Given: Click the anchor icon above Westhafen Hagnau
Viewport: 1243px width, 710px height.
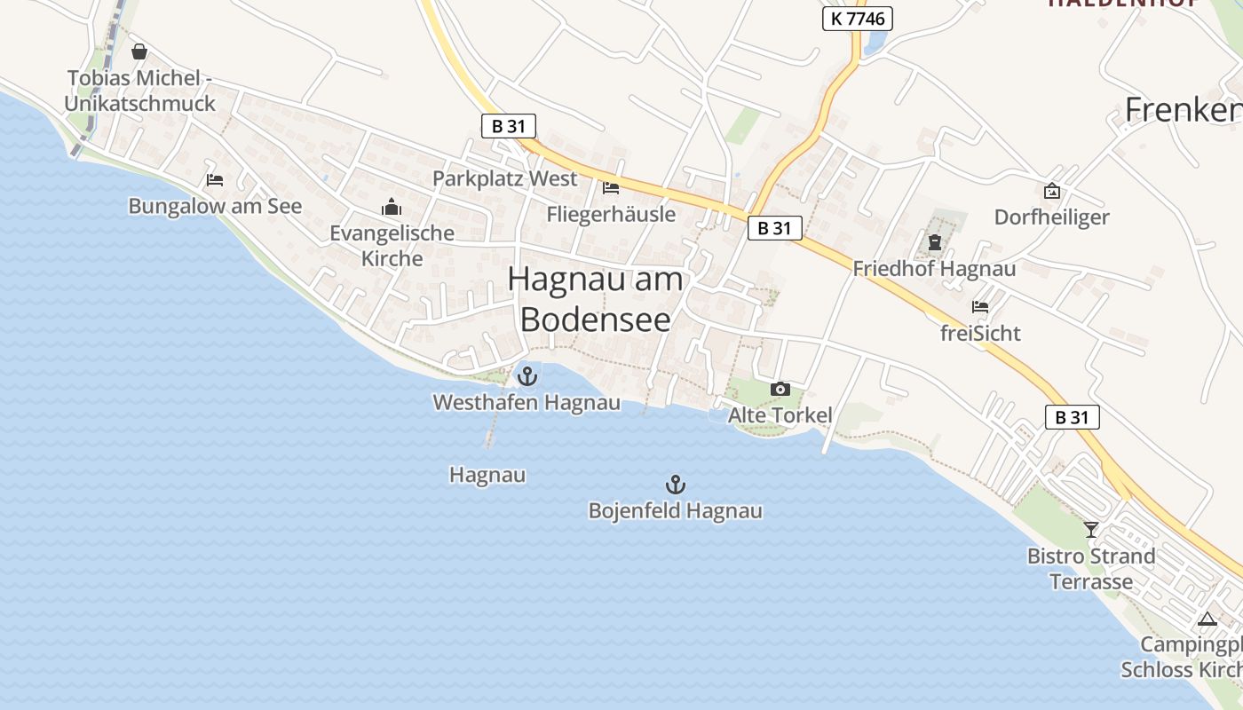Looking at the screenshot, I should pos(527,376).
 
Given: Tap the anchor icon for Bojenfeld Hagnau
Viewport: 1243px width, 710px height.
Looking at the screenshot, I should pos(676,485).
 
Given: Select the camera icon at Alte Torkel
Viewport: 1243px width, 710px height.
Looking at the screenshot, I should pos(780,389).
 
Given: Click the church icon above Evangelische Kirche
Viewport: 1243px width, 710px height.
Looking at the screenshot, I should pos(392,208).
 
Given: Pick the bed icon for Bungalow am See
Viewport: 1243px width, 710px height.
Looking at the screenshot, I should pos(215,179).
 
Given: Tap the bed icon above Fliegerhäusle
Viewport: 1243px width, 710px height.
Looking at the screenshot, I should pos(611,187).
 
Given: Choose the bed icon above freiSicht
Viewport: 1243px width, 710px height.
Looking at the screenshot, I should pos(980,307).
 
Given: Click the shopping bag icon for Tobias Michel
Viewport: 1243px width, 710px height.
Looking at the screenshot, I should pos(139,51).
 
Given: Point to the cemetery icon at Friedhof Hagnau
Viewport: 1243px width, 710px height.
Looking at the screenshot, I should pos(935,241).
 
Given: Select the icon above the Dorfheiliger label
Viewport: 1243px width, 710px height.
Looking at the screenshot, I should pos(1052,190).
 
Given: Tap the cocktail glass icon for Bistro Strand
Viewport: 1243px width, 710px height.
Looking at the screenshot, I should pos(1091,530).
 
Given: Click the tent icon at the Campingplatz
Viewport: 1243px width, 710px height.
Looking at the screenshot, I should pos(1206,619).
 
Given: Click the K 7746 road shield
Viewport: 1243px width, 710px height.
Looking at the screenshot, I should pos(857,18).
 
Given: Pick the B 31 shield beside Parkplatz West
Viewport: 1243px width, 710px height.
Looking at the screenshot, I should pos(509,126).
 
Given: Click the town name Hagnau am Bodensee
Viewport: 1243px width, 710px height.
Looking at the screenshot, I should pos(596,299).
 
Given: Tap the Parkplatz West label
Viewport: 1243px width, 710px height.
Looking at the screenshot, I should pos(504,178).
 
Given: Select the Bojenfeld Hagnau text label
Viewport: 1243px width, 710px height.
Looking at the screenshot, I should pos(676,511).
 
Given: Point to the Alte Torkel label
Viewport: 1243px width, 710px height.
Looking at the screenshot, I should pos(780,415).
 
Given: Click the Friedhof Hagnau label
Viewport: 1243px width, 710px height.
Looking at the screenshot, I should pos(934,268).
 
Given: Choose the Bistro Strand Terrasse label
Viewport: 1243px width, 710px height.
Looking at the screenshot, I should pos(1091,569).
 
